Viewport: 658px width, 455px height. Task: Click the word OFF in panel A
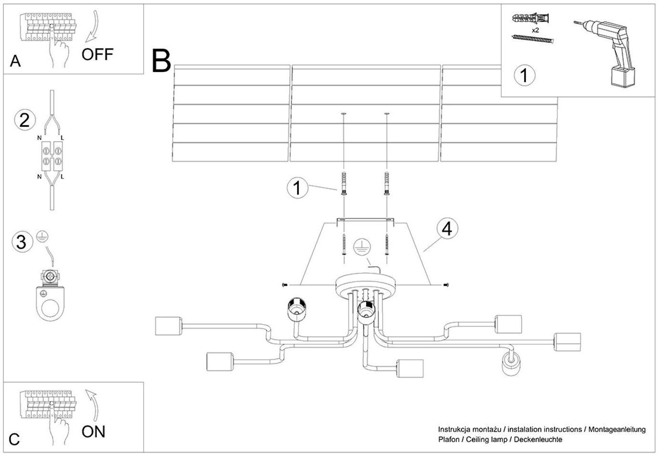pyautogui.click(x=97, y=54)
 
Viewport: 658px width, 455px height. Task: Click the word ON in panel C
pyautogui.click(x=93, y=432)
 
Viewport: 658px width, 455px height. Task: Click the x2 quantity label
pyautogui.click(x=535, y=30)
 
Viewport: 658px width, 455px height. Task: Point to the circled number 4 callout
pyautogui.click(x=447, y=229)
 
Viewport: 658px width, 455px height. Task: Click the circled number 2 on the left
pyautogui.click(x=24, y=119)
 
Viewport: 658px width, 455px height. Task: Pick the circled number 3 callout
pyautogui.click(x=21, y=241)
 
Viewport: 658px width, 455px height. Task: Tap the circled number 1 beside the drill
pyautogui.click(x=524, y=75)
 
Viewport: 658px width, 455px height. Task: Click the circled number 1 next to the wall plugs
pyautogui.click(x=298, y=187)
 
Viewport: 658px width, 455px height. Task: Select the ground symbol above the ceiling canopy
pyautogui.click(x=362, y=246)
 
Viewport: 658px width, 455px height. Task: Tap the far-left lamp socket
pyautogui.click(x=169, y=326)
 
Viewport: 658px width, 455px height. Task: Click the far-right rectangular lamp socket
pyautogui.click(x=567, y=342)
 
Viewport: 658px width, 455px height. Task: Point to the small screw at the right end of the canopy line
pyautogui.click(x=446, y=285)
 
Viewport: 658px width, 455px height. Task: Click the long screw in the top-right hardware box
pyautogui.click(x=534, y=39)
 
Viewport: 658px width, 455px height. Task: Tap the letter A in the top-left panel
pyautogui.click(x=15, y=61)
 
